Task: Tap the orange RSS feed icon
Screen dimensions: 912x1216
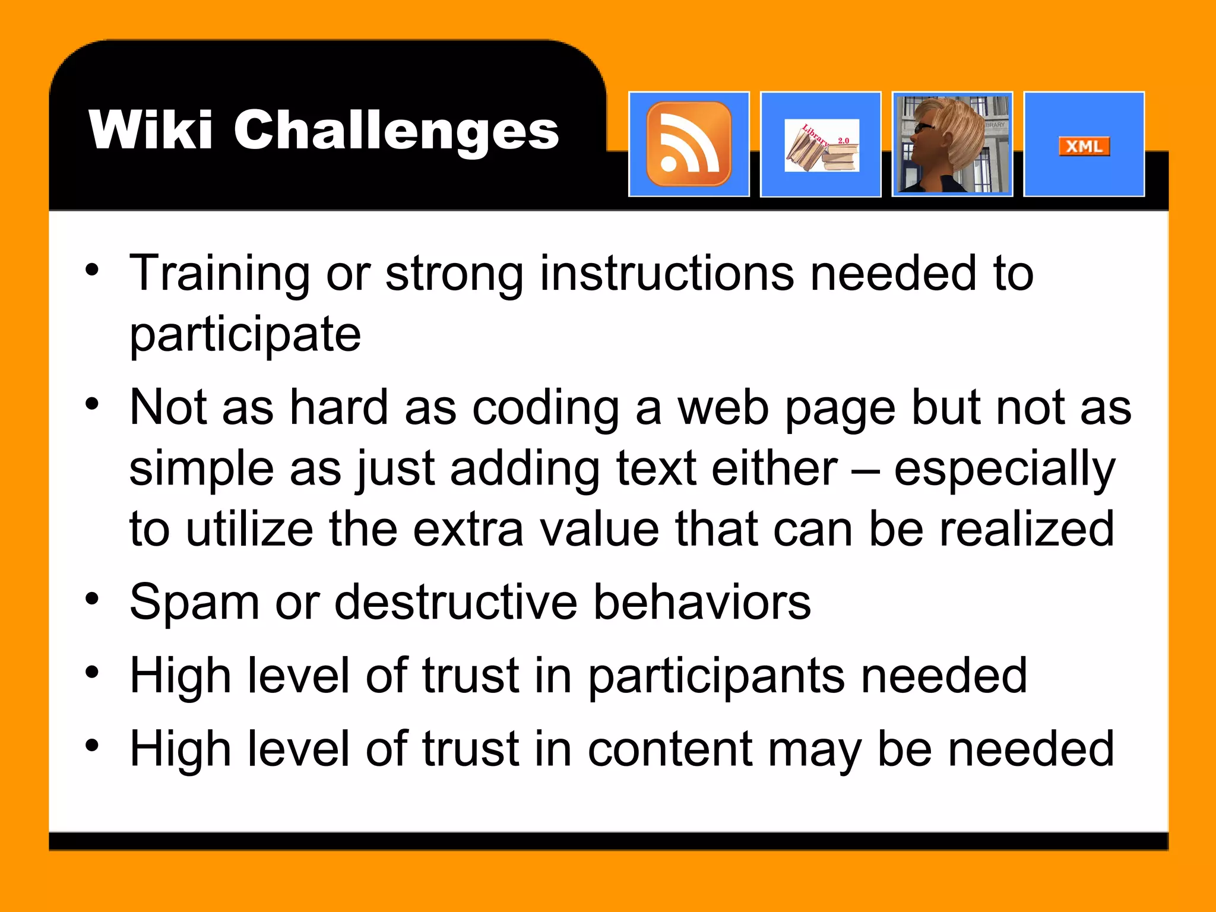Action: point(689,144)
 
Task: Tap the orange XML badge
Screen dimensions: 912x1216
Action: point(1084,146)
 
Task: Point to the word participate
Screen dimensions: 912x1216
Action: point(245,334)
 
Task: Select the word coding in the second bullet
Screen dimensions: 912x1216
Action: point(546,408)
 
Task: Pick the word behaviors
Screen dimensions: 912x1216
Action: point(702,602)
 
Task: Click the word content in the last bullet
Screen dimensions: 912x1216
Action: point(670,750)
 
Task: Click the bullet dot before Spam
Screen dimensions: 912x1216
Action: point(92,598)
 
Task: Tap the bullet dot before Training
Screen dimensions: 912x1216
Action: point(92,270)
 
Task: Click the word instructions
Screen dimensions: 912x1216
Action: point(667,274)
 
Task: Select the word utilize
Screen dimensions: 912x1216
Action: point(249,529)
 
